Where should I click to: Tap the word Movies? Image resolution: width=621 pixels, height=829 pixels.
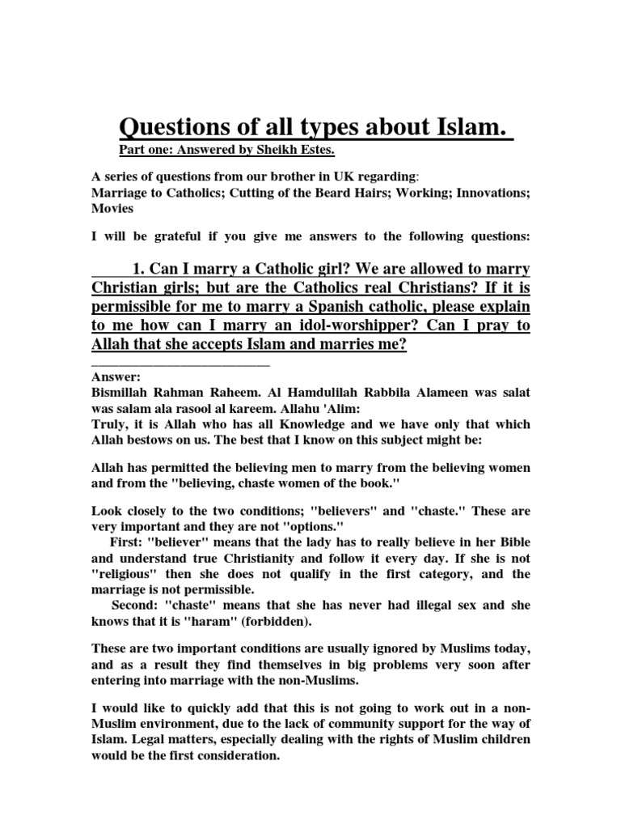point(112,208)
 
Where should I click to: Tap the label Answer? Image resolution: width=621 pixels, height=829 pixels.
point(116,377)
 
